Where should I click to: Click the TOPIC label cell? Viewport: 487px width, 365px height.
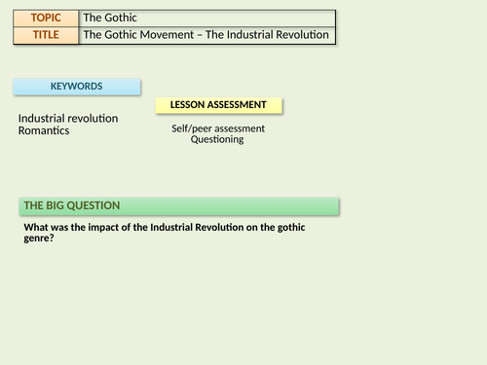tap(46, 18)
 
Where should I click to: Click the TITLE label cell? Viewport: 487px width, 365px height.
tap(46, 35)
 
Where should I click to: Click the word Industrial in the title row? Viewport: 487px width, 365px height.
tap(249, 35)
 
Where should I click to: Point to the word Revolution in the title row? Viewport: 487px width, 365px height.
tap(303, 35)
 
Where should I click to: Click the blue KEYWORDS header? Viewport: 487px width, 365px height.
tap(76, 87)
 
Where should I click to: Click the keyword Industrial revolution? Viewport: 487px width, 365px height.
tap(68, 119)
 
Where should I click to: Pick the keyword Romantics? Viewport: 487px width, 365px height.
tap(44, 130)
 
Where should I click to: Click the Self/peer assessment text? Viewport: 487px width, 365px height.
tap(217, 128)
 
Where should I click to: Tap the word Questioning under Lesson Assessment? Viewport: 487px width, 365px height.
tap(217, 139)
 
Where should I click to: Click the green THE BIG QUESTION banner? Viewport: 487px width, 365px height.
tap(178, 206)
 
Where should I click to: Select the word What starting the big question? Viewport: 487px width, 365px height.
tap(37, 228)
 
